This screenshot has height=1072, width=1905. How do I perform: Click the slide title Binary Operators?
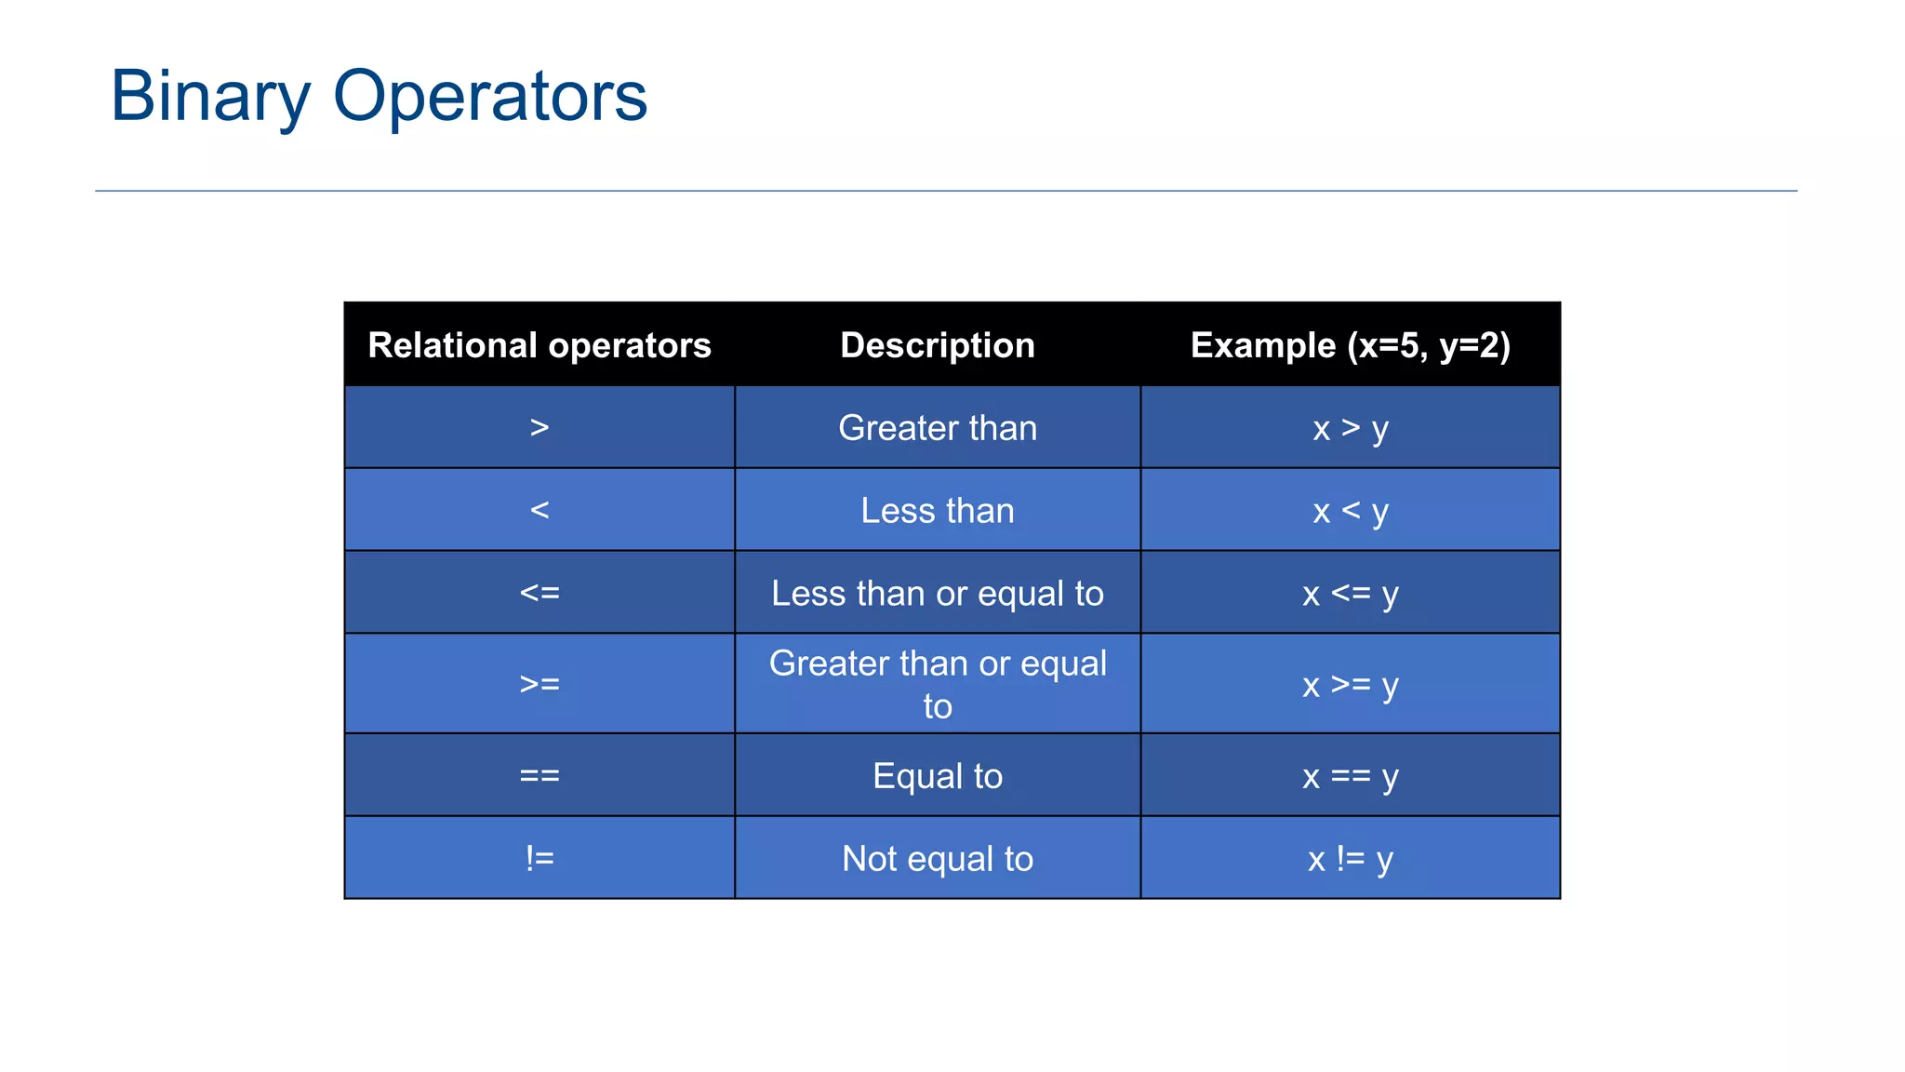click(379, 96)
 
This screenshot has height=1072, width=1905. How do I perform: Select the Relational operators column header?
click(540, 345)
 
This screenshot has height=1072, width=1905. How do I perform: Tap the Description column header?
click(938, 345)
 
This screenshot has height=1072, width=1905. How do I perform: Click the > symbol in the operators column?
click(540, 428)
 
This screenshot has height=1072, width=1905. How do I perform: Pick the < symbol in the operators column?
click(540, 510)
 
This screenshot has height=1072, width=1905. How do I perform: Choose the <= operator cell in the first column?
click(540, 593)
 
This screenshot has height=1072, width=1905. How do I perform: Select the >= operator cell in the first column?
click(540, 684)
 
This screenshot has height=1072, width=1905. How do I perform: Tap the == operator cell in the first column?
click(540, 775)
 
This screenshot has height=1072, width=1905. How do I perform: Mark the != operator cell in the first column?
click(540, 858)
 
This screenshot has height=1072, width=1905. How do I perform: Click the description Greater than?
click(938, 428)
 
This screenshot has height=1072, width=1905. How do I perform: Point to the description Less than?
click(938, 511)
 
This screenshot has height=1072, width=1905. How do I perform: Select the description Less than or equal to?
click(938, 594)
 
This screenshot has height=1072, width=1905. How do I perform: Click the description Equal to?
click(938, 776)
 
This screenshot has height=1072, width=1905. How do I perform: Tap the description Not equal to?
click(938, 859)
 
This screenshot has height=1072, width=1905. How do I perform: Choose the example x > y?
click(1351, 429)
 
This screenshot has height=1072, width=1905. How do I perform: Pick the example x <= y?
click(1351, 594)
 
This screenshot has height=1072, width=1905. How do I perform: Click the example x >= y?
click(1351, 685)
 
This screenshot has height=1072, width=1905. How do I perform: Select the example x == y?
click(1351, 776)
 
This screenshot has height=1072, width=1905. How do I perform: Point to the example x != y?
click(1351, 859)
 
